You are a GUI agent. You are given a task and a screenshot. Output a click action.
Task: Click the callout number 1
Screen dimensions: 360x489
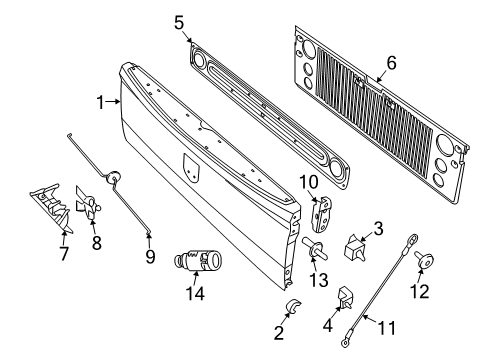click(x=99, y=102)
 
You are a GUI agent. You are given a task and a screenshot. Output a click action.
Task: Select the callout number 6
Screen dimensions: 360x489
click(x=392, y=61)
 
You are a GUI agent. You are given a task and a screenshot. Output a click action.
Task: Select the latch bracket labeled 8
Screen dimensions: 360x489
click(x=89, y=205)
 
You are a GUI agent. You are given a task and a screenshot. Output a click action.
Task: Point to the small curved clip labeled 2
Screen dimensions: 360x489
click(x=268, y=304)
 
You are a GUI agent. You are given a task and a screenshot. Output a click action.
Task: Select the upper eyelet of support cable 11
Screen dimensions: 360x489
click(x=411, y=237)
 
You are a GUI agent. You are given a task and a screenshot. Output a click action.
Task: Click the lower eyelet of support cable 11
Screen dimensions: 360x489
click(x=345, y=346)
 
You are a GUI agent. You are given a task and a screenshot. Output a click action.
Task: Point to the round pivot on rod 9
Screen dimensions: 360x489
click(x=114, y=179)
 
